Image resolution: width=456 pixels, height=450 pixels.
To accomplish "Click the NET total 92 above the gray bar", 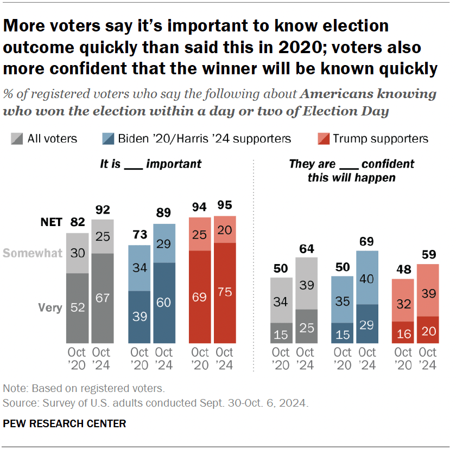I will point(103,209).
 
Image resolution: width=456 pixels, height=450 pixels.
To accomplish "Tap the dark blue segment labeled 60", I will point(164,303).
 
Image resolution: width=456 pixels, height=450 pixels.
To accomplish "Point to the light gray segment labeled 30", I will point(77,253).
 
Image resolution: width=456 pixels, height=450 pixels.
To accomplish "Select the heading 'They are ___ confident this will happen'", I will point(351,170).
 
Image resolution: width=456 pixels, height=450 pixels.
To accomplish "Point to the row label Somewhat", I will point(33,253).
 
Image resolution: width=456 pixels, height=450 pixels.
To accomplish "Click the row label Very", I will point(50,308).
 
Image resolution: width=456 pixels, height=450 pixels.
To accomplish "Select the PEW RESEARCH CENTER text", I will point(65,423).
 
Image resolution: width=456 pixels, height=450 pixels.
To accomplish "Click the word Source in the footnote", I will point(17,403).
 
